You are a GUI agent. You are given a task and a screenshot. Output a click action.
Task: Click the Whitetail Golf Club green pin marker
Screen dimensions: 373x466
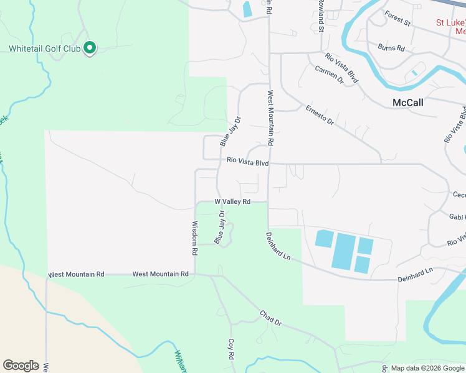coord(89,47)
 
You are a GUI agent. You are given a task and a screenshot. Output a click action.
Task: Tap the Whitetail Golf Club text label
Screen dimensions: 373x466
coord(45,48)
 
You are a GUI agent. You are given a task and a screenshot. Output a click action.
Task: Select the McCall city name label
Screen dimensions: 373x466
coord(408,103)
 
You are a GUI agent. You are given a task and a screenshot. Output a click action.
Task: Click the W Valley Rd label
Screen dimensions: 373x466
coord(232,202)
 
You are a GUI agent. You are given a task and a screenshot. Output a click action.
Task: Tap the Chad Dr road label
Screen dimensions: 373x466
coord(271,318)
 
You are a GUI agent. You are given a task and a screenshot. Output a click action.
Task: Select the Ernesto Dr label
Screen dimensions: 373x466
coord(320,115)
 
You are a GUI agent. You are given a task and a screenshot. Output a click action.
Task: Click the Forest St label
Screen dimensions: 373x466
coord(397,19)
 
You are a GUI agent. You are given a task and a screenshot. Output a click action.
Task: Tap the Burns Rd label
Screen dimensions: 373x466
coord(392,47)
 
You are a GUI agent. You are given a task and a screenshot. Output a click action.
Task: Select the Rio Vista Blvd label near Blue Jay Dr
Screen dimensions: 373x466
coord(247,161)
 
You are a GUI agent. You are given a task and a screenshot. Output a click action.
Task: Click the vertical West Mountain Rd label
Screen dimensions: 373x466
coord(270,118)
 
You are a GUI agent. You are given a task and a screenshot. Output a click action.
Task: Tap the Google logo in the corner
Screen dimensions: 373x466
coord(21,366)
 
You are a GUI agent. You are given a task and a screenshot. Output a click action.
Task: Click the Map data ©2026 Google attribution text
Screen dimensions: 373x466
coord(427,368)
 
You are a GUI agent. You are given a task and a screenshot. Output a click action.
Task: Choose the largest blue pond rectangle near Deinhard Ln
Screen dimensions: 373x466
coord(343,252)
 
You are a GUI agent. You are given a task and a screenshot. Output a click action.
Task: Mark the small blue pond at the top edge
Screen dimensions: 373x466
coord(247,9)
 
